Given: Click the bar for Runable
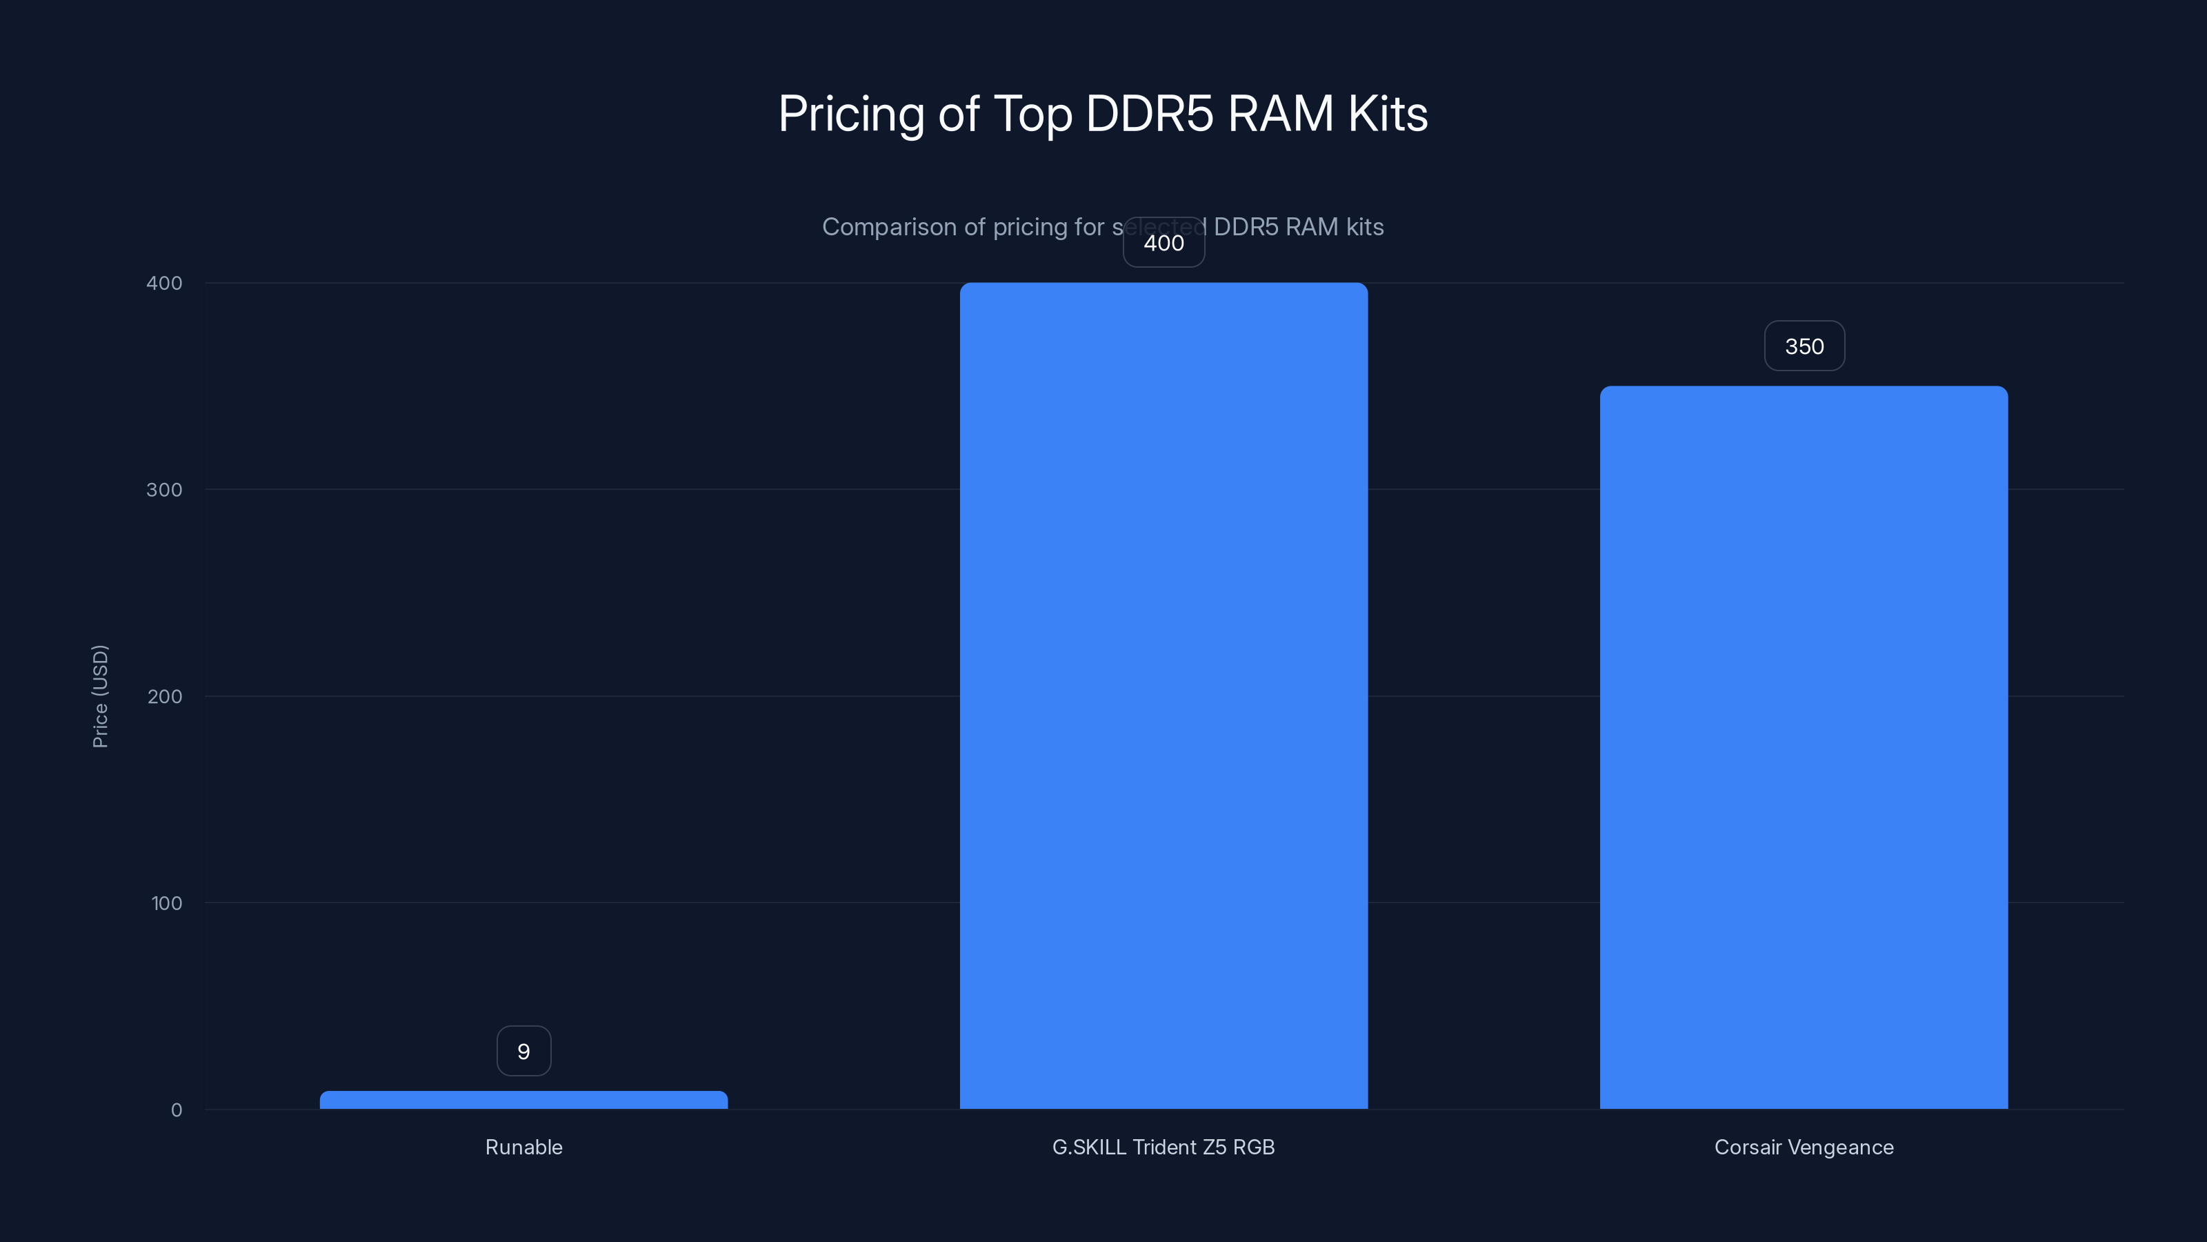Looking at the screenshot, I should [x=523, y=1100].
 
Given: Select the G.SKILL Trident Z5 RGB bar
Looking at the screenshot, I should [x=1164, y=695].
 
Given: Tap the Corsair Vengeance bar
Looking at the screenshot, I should [x=1804, y=747].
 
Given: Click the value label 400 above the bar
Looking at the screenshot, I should [x=1164, y=244].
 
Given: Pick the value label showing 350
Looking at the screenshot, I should [x=1804, y=346].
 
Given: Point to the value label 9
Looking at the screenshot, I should [x=523, y=1051].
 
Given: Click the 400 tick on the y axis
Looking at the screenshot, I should [x=165, y=283].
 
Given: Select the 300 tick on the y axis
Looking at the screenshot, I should [x=165, y=489].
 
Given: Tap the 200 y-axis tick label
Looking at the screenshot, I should [x=165, y=696].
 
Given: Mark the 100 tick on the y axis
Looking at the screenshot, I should [x=166, y=903].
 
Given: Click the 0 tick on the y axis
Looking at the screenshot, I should [x=177, y=1110].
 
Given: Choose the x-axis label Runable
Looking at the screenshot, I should [x=523, y=1147].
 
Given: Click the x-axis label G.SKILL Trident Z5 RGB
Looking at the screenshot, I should [x=1164, y=1147].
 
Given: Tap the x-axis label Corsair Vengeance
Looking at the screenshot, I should [x=1804, y=1147].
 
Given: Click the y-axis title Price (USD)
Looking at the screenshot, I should [x=100, y=696].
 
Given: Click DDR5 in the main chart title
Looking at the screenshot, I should [x=1149, y=114].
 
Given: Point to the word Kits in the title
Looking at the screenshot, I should [x=1387, y=114].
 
